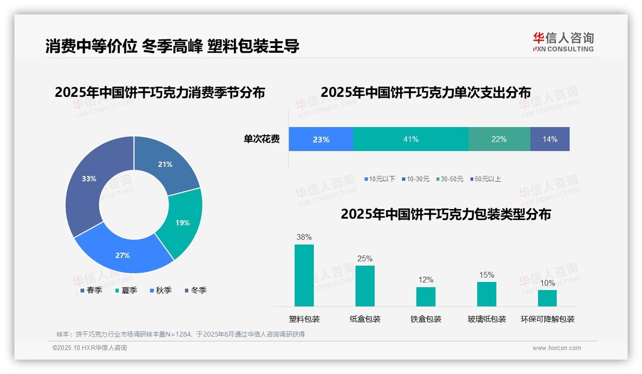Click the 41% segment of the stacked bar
(411, 139)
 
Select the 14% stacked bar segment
(550, 139)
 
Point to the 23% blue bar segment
(321, 139)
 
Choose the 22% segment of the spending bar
(499, 139)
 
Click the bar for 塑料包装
(304, 275)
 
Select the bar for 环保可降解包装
(547, 298)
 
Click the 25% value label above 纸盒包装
(365, 259)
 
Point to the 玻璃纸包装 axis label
(487, 319)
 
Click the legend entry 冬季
(196, 290)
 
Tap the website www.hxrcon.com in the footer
(557, 348)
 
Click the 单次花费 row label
(262, 140)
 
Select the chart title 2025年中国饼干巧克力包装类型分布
(446, 214)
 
